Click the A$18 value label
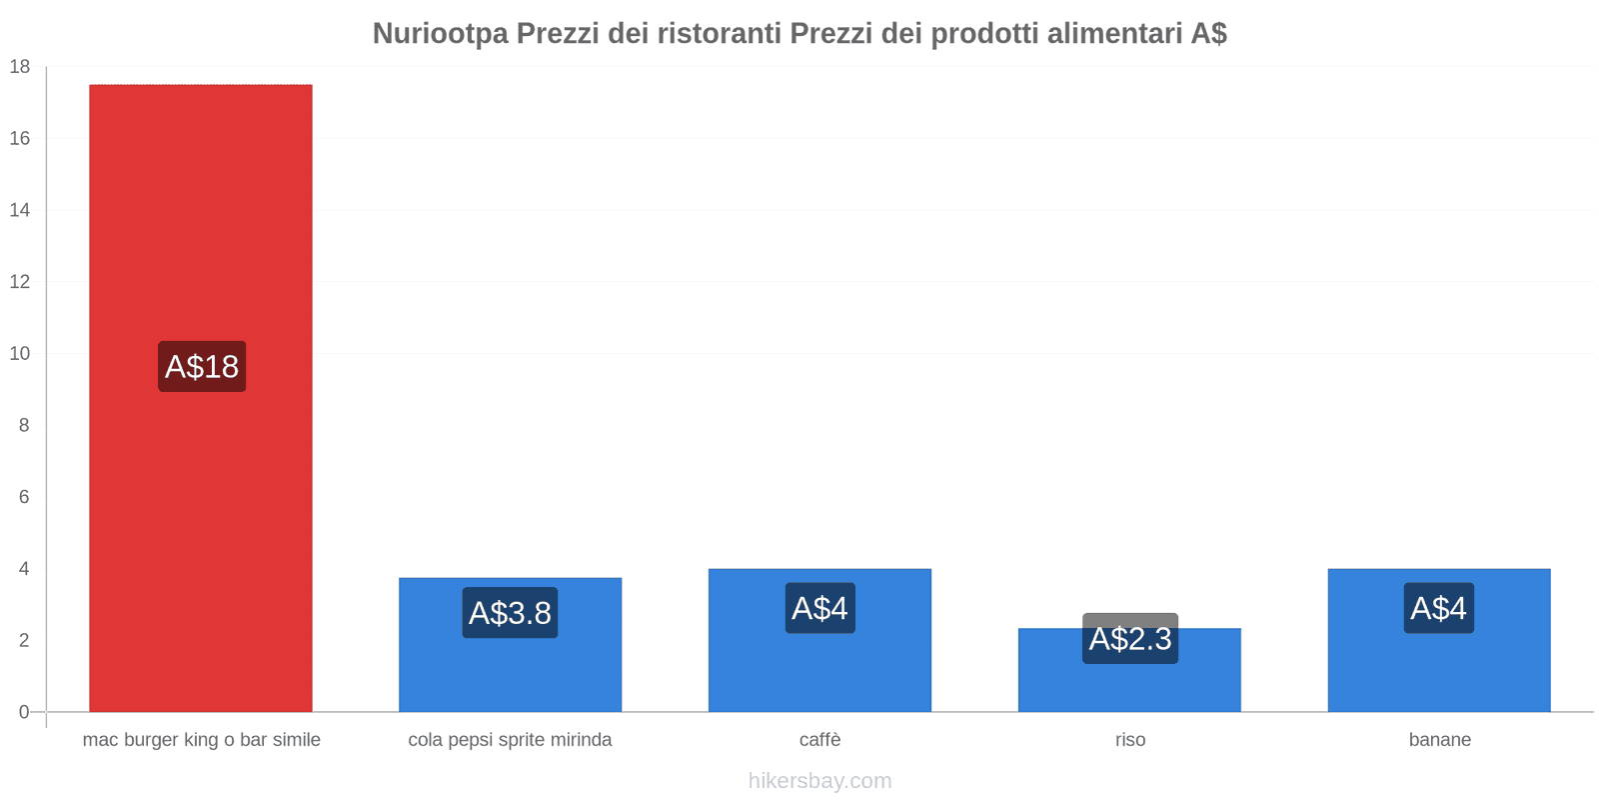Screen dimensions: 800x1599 pyautogui.click(x=202, y=366)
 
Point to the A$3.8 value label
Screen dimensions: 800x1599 pyautogui.click(x=510, y=612)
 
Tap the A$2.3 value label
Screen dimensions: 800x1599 pyautogui.click(x=1130, y=638)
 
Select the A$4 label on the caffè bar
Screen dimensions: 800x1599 pyautogui.click(x=819, y=608)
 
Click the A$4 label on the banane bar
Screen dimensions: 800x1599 pyautogui.click(x=1438, y=608)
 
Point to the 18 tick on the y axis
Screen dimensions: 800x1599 pyautogui.click(x=20, y=67)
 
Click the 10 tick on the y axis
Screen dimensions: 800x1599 pyautogui.click(x=20, y=353)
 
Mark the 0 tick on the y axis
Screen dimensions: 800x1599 pyautogui.click(x=24, y=712)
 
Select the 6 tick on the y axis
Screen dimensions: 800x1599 pyautogui.click(x=24, y=497)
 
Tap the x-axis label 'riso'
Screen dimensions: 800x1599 pyautogui.click(x=1130, y=740)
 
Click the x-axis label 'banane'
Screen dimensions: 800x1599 pyautogui.click(x=1439, y=740)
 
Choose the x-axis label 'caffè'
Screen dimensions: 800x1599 pyautogui.click(x=819, y=740)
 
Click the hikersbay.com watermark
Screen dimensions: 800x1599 pyautogui.click(x=819, y=781)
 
